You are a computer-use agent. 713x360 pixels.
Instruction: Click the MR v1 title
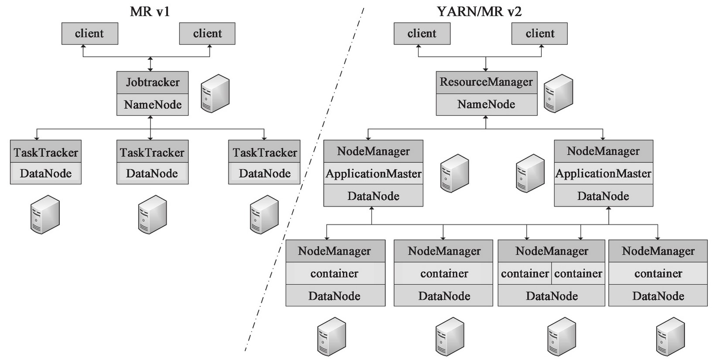tap(150, 11)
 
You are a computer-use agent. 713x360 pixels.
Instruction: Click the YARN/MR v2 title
tap(479, 11)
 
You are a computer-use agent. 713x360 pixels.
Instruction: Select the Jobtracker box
tap(152, 82)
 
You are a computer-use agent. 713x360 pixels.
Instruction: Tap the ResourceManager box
tap(486, 82)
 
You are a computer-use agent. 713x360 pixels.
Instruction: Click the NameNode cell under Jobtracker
tap(152, 105)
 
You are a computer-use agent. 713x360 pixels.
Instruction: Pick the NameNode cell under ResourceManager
tap(486, 105)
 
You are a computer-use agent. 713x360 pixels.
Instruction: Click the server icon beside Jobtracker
tap(215, 93)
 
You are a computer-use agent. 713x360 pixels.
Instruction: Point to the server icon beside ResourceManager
tap(558, 93)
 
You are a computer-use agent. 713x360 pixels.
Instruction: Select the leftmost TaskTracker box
tap(45, 153)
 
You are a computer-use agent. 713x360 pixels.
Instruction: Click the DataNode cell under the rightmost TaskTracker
tap(264, 173)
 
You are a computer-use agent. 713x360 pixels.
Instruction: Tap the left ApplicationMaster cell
tap(373, 173)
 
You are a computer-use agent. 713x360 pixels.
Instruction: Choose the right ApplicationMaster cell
tap(603, 173)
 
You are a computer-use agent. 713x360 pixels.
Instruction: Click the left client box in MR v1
tap(89, 34)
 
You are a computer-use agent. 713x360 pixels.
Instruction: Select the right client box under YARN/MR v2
tap(539, 34)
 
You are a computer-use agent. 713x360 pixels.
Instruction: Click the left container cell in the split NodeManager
tap(525, 274)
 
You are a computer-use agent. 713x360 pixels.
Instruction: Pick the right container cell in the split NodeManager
tap(578, 274)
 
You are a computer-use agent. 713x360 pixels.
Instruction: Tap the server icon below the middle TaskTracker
tap(152, 214)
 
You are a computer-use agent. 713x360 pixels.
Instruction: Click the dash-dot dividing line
tap(305, 174)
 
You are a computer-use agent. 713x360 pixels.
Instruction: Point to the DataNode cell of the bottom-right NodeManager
tap(658, 296)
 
